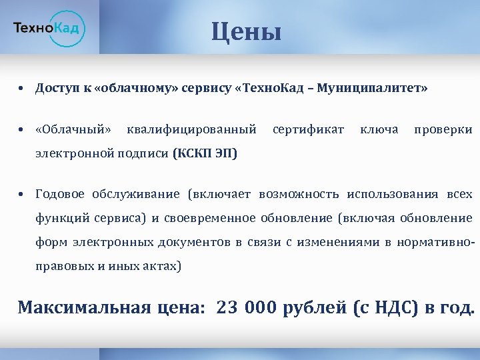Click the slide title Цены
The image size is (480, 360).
pyautogui.click(x=247, y=31)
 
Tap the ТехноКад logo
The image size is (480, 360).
pyautogui.click(x=49, y=28)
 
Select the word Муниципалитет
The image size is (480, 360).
pyautogui.click(x=373, y=88)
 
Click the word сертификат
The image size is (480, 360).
pyautogui.click(x=309, y=129)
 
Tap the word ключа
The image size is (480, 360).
pyautogui.click(x=379, y=129)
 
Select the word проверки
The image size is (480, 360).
pyautogui.click(x=443, y=129)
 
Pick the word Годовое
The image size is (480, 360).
pyautogui.click(x=60, y=194)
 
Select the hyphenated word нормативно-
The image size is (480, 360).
pyautogui.click(x=435, y=241)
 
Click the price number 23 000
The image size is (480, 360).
pyautogui.click(x=247, y=307)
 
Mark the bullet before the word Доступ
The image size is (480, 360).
pyautogui.click(x=22, y=89)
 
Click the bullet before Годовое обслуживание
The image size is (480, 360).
pyautogui.click(x=22, y=195)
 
